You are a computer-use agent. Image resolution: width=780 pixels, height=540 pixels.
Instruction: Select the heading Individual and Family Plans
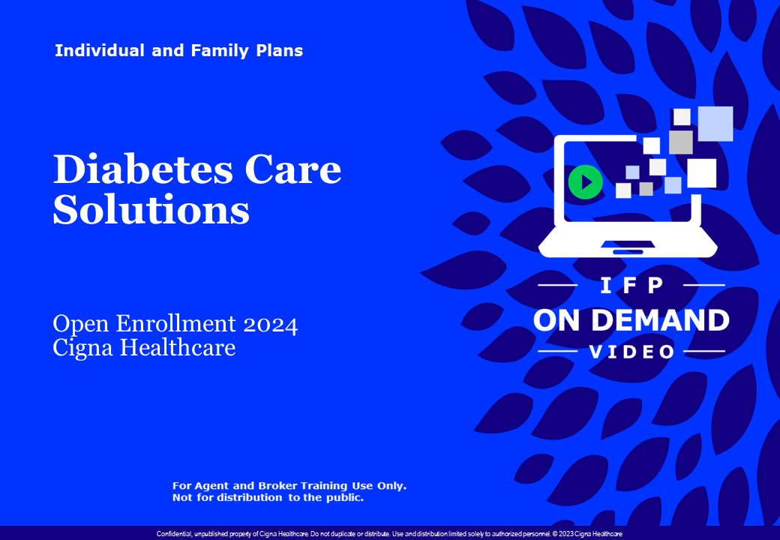(178, 51)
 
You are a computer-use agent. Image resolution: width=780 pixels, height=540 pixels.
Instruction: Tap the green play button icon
(585, 182)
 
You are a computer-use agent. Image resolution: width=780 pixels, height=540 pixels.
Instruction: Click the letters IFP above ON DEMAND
(631, 286)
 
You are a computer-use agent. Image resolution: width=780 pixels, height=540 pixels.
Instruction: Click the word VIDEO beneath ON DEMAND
(631, 352)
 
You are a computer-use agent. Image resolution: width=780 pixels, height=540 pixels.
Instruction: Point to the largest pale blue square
(715, 124)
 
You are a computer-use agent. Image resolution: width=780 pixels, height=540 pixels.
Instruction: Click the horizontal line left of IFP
(558, 286)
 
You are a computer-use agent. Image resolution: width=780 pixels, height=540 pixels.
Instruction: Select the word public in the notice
(342, 497)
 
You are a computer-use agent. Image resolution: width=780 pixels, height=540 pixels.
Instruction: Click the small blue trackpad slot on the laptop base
(627, 252)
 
